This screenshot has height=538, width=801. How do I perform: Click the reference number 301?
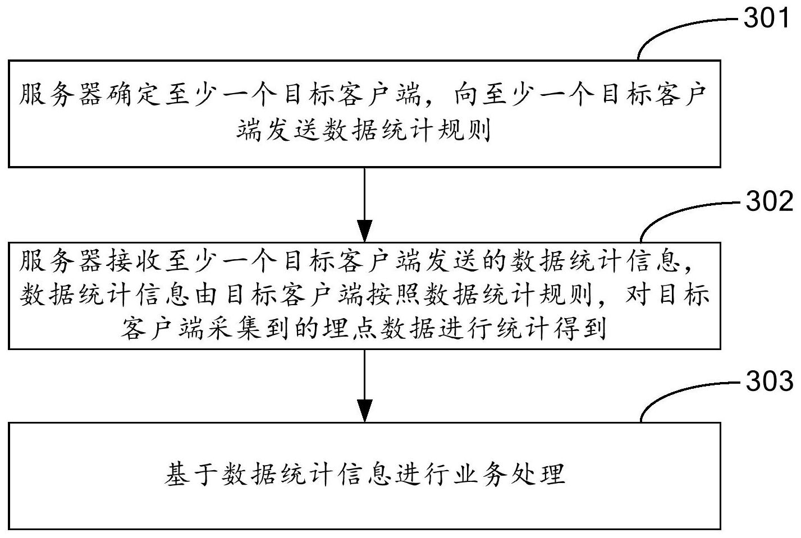(x=767, y=19)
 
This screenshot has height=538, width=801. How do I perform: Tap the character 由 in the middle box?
(x=205, y=295)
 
